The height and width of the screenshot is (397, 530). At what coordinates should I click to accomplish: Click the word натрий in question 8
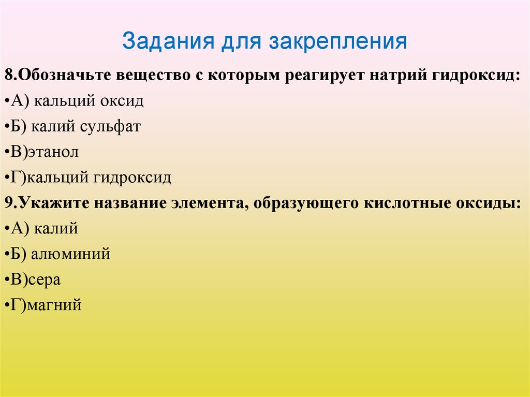(397, 76)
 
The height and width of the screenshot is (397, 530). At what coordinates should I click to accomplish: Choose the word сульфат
(114, 127)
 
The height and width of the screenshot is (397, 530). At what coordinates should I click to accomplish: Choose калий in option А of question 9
(56, 229)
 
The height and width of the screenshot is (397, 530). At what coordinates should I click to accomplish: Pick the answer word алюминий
(70, 255)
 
